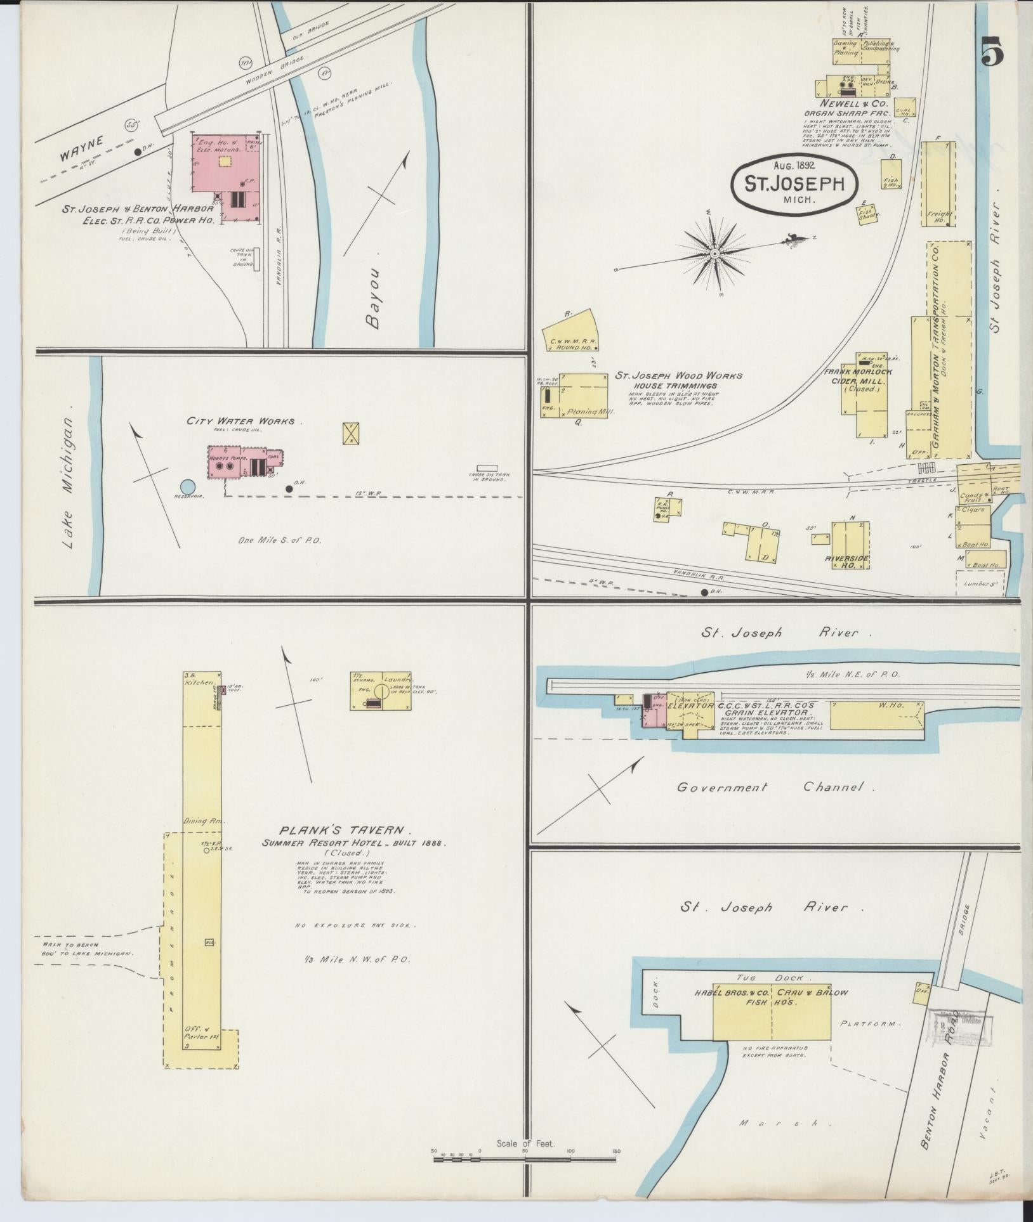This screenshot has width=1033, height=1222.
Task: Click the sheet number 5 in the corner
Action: (x=992, y=51)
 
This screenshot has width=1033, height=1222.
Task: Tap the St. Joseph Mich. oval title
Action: (x=794, y=184)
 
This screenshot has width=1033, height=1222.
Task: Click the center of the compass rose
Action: (x=714, y=254)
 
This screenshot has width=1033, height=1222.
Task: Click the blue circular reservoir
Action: (x=187, y=486)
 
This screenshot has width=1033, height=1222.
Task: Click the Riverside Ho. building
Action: (x=850, y=549)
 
